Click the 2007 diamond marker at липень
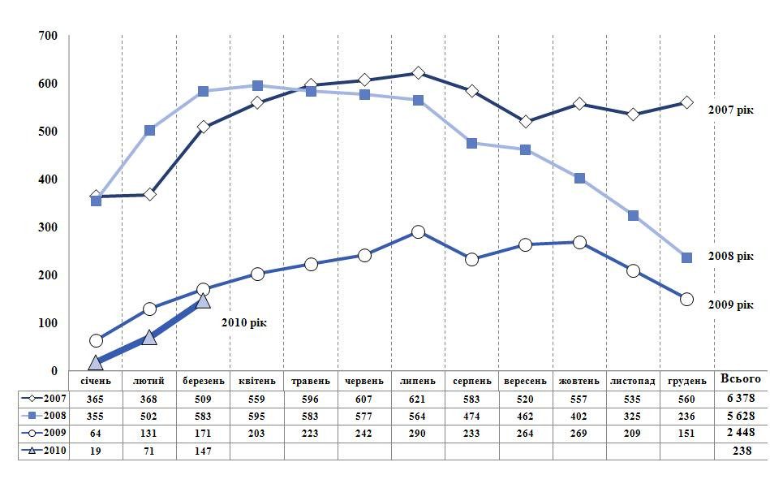point(418,73)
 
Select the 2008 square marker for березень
point(203,91)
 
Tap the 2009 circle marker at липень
point(418,231)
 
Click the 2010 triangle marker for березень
point(203,300)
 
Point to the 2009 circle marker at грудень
point(686,299)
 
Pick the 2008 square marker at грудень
point(686,257)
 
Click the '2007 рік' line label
point(730,110)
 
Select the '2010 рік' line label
point(243,322)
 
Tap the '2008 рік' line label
point(730,256)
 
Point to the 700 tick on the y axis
point(48,36)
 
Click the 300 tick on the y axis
point(48,227)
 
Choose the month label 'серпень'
point(471,381)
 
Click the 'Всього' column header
point(741,379)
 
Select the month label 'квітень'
point(256,381)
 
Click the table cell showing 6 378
point(741,399)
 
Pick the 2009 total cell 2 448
point(741,434)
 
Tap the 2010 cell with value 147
point(203,451)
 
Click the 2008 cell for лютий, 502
point(149,417)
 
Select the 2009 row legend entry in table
point(44,434)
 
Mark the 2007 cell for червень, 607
point(364,399)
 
